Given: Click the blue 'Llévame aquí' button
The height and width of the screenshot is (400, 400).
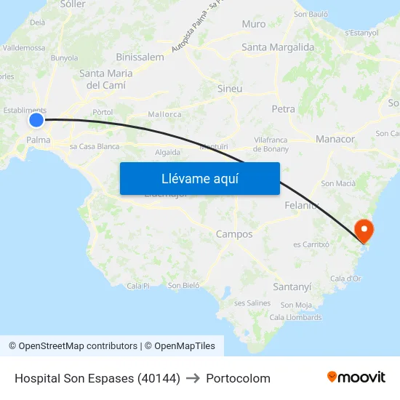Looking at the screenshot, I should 199,178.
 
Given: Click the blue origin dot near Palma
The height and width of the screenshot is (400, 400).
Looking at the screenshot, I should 36,120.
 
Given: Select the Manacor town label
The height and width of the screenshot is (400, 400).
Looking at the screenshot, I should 335,139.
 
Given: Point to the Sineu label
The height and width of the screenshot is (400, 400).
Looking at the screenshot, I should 230,89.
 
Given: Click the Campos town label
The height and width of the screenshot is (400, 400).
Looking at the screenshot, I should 234,234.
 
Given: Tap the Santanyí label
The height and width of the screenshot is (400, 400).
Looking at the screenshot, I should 292,287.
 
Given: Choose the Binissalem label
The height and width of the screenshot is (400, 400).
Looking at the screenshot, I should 140,57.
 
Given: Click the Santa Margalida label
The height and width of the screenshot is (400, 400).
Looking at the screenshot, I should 278,47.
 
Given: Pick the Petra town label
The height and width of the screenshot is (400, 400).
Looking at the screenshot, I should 283,109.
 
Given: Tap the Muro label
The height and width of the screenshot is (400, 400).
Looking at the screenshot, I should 254,24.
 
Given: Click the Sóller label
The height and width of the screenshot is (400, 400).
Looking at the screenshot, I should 73,4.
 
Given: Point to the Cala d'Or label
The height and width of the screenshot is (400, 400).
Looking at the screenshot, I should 345,279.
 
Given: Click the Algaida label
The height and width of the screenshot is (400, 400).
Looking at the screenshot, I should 167,152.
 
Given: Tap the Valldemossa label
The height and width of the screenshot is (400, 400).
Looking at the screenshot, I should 25,48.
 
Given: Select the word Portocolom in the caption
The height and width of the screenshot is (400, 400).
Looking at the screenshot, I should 238,378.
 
